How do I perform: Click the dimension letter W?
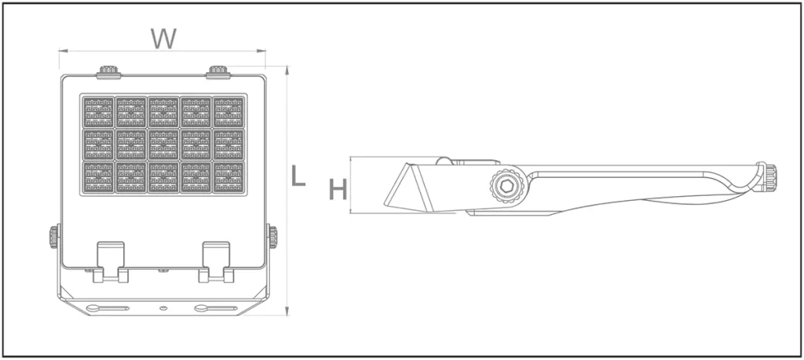(163, 38)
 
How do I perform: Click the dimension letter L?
(298, 176)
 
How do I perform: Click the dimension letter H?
(338, 190)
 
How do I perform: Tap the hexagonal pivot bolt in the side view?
(506, 187)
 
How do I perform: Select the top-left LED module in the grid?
(98, 111)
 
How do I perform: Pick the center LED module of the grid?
(163, 144)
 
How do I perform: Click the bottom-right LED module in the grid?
(228, 177)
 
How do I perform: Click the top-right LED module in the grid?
(228, 111)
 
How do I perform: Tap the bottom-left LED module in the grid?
(98, 177)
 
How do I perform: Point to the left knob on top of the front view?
(108, 72)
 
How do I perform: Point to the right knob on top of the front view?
(218, 72)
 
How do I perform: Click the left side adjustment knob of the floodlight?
(54, 237)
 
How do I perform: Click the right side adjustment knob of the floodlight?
(272, 237)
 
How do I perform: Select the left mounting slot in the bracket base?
(108, 308)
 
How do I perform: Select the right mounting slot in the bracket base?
(215, 308)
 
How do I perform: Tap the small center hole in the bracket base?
(163, 308)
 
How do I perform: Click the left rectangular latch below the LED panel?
(110, 262)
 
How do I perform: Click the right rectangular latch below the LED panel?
(216, 262)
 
